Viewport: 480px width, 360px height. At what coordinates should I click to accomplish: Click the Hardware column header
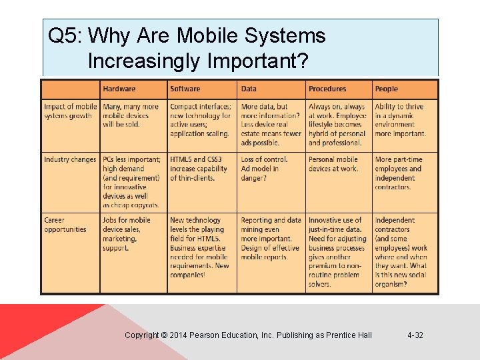pos(119,89)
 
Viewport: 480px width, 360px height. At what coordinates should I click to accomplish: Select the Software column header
pos(185,89)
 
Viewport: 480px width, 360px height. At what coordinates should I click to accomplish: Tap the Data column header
pos(249,89)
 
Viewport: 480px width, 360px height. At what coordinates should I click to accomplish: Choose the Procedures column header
pos(327,89)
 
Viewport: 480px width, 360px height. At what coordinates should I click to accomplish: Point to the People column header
pos(386,89)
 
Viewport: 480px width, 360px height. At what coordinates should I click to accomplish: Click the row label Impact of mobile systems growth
pos(70,111)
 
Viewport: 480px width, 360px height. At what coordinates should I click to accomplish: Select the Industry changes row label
pos(70,160)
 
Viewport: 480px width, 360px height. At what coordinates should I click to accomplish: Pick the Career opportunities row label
pos(65,225)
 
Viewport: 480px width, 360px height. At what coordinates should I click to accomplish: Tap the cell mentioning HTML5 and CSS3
pos(200,169)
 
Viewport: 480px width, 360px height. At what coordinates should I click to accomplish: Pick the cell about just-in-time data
pos(337,252)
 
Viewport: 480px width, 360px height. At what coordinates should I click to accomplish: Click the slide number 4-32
pos(415,335)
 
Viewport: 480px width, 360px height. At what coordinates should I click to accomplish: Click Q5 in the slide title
pos(63,36)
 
